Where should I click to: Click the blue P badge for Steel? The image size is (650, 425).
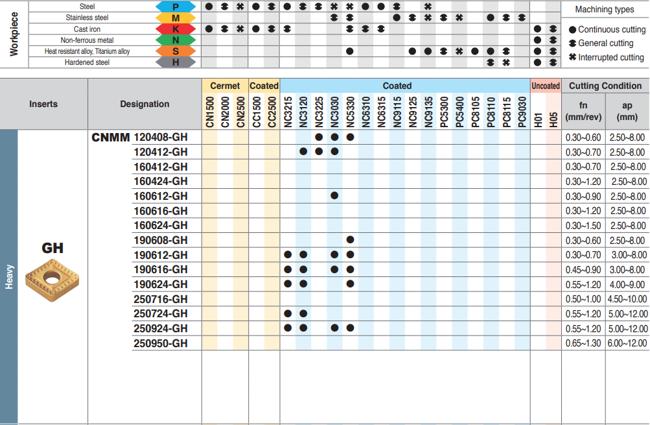[x=175, y=6]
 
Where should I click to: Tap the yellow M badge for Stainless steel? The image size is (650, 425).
[x=175, y=18]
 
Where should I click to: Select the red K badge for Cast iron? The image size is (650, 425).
[x=175, y=29]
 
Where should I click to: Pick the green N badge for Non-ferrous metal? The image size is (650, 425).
[x=175, y=40]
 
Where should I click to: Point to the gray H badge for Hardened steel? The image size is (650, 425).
[x=175, y=62]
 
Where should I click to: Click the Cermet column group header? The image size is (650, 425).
[x=225, y=86]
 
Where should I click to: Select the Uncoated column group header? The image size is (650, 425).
[x=545, y=86]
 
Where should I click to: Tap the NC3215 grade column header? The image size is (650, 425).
[x=287, y=112]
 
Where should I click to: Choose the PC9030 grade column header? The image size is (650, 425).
[x=522, y=112]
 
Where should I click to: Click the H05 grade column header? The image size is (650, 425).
[x=553, y=112]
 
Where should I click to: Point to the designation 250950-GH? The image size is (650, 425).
[x=160, y=343]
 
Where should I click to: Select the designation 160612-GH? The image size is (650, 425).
[x=160, y=196]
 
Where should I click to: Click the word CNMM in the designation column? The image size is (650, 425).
[x=111, y=137]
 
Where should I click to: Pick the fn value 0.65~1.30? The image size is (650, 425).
[x=583, y=343]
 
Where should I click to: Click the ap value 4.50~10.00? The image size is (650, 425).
[x=627, y=299]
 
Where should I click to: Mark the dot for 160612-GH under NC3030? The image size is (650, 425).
[x=334, y=196]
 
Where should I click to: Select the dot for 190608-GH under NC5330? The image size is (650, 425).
[x=350, y=240]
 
